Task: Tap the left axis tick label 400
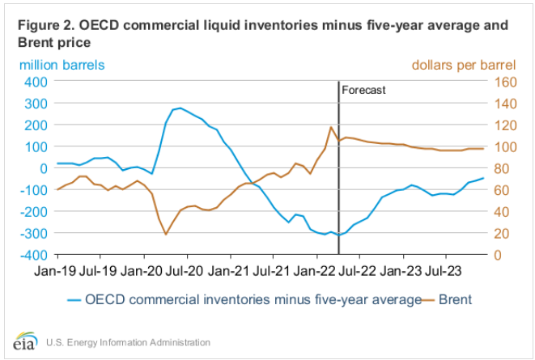(33, 82)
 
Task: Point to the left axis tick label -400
(30, 254)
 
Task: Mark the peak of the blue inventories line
(179, 108)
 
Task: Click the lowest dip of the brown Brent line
(166, 235)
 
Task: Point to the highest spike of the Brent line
(331, 127)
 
